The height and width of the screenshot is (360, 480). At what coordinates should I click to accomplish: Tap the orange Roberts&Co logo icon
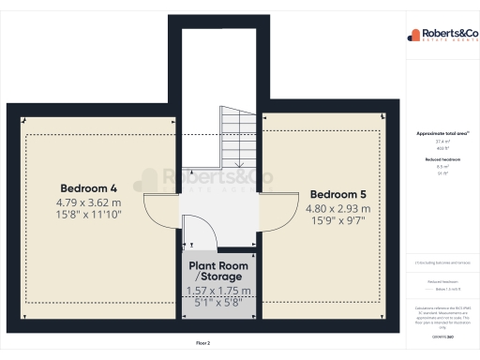tap(413, 35)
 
